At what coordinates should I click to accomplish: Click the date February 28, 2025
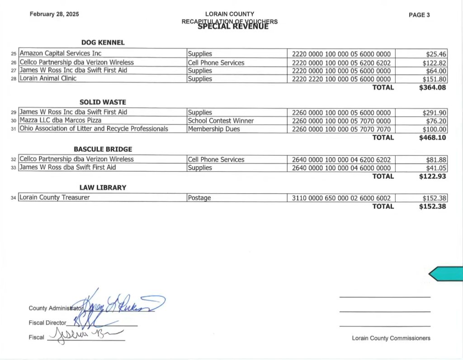(x=54, y=14)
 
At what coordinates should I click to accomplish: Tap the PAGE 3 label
(x=419, y=15)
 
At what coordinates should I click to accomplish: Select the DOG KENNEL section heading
(x=103, y=42)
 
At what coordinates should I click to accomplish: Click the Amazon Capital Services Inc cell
(x=60, y=54)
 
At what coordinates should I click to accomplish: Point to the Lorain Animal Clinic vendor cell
(x=48, y=79)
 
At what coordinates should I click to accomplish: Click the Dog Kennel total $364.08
(x=432, y=88)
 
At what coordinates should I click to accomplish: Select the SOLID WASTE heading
(x=103, y=103)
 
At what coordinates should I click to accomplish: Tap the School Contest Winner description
(x=221, y=121)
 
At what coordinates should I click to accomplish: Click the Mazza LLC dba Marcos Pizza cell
(x=61, y=121)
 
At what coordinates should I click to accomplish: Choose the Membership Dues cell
(x=214, y=129)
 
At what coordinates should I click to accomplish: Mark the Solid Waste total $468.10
(x=432, y=137)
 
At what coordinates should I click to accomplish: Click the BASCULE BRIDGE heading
(x=103, y=149)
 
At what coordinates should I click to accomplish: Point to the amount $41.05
(x=436, y=168)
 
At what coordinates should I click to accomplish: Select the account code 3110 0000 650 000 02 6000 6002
(x=341, y=198)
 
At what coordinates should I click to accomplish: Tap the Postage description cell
(x=199, y=198)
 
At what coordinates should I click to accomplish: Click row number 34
(x=13, y=198)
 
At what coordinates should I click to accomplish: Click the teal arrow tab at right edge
(x=445, y=274)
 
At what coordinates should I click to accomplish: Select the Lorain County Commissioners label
(x=391, y=338)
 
